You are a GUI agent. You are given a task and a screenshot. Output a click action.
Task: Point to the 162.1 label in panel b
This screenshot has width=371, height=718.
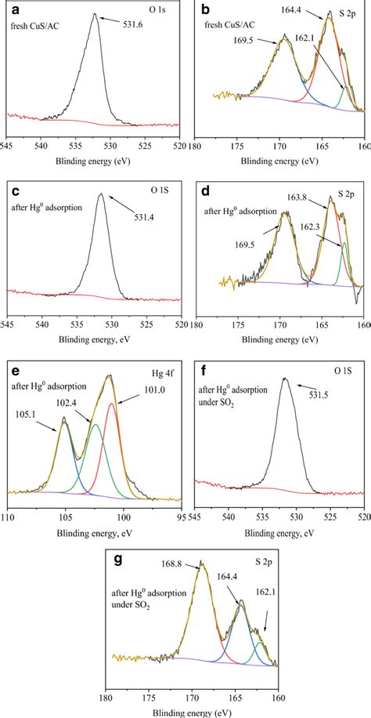tap(344, 36)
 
